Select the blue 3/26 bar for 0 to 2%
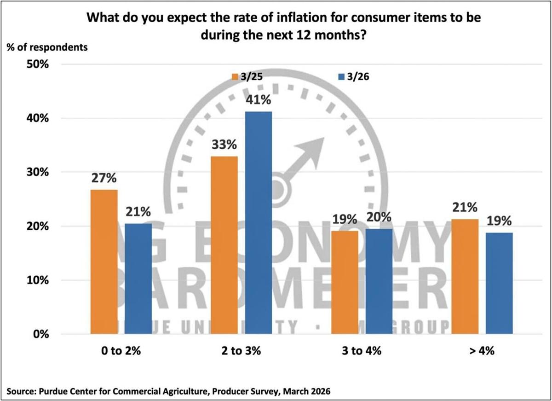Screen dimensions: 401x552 tap(138, 279)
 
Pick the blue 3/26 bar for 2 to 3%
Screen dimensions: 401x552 tap(258, 223)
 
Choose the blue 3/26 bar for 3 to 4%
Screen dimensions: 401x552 tap(379, 281)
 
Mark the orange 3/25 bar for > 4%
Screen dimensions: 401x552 tap(465, 276)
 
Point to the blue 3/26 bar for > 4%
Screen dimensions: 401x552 tap(499, 283)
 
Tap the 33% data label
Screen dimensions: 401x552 tap(224, 145)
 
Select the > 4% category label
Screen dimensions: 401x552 tap(482, 351)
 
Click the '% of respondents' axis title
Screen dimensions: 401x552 tap(46, 46)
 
